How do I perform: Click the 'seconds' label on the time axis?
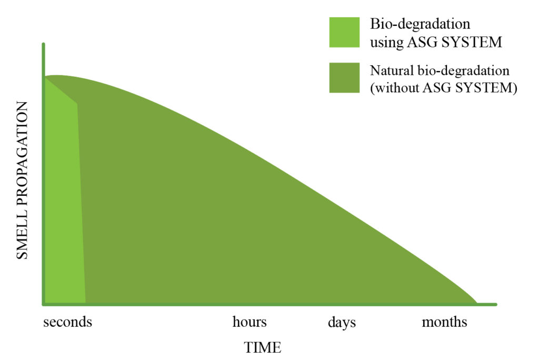(x=68, y=322)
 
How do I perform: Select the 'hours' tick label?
(x=249, y=322)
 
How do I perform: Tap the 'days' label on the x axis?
(x=342, y=323)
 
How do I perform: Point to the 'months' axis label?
(x=444, y=322)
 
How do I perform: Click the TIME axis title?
(x=263, y=347)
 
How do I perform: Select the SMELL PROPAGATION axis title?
(x=22, y=180)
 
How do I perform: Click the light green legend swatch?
(x=344, y=32)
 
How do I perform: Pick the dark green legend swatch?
(x=344, y=78)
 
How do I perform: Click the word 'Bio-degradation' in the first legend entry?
(x=420, y=25)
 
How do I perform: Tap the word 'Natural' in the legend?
(x=392, y=71)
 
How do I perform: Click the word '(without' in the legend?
(x=395, y=88)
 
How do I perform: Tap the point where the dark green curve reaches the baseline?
(x=477, y=303)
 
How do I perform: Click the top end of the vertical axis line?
(x=43, y=44)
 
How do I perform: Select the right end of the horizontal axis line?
(x=496, y=304)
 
